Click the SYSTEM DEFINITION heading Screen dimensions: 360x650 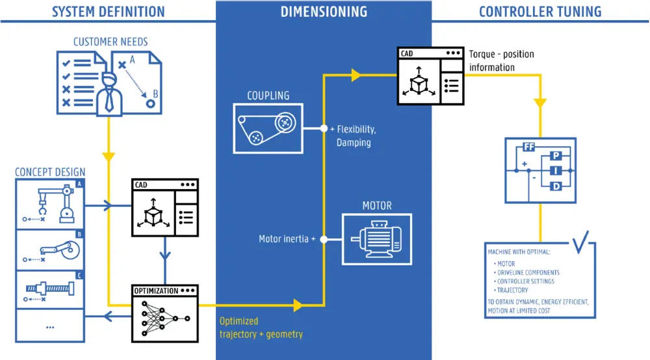tap(108, 11)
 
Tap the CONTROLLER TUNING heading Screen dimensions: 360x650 tap(539, 11)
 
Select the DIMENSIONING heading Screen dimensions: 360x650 tap(324, 11)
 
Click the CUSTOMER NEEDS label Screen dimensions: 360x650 tap(110, 42)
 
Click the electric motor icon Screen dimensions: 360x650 tap(377, 238)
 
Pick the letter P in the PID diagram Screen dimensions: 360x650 tap(556, 156)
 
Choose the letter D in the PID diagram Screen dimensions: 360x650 tap(556, 187)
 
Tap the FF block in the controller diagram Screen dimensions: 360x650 tap(528, 147)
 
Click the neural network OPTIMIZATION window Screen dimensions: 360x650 tap(164, 313)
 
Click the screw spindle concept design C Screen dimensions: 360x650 tap(50, 287)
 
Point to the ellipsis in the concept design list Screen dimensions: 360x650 tap(50, 327)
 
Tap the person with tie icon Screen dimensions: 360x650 tap(109, 94)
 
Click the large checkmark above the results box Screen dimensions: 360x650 tap(581, 242)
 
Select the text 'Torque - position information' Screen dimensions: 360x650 tap(501, 60)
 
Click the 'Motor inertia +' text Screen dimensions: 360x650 tap(287, 239)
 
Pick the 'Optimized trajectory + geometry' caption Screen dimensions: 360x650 tap(261, 328)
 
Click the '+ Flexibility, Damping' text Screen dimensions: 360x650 tap(354, 135)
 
